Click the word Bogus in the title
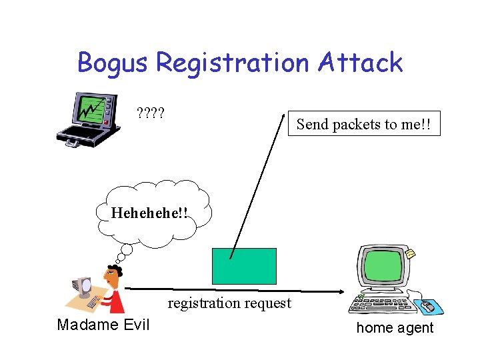(113, 63)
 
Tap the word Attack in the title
(361, 63)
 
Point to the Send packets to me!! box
(364, 123)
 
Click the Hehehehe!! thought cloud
(150, 213)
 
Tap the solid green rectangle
(244, 266)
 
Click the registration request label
(229, 303)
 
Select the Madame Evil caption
(103, 325)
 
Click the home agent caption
(395, 327)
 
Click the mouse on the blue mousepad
(427, 307)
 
